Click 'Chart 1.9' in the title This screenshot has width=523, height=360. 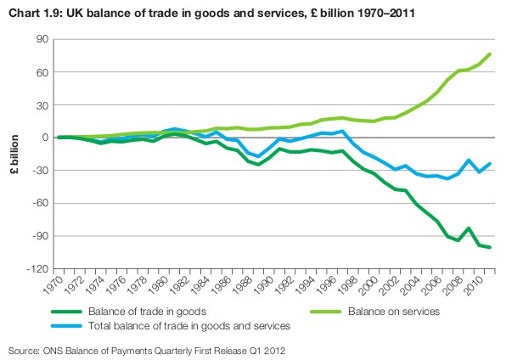pyautogui.click(x=33, y=11)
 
